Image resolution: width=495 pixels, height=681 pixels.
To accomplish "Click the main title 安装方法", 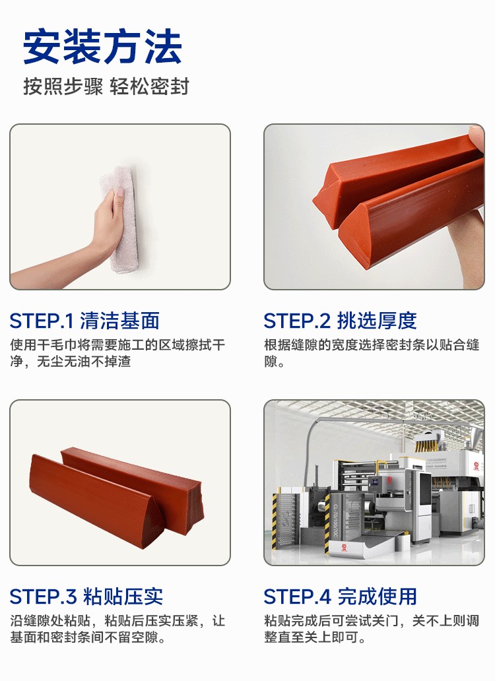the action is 102,47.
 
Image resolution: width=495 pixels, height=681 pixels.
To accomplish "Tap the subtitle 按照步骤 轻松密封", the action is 106,86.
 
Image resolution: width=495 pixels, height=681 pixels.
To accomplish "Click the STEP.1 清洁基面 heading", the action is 84,321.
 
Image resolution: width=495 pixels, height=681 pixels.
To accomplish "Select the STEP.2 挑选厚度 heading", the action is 340,321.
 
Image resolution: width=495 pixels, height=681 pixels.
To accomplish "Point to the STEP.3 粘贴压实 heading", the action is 86,597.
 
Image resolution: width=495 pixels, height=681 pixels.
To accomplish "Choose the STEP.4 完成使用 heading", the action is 340,597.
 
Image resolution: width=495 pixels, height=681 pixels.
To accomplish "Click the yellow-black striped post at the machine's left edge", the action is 275,521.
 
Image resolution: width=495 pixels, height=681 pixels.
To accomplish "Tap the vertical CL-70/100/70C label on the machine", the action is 336,521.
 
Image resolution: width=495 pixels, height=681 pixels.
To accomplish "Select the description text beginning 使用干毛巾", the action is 117,353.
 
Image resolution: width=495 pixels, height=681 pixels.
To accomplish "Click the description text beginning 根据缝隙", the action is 372,353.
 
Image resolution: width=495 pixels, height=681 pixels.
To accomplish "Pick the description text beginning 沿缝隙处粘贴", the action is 117,629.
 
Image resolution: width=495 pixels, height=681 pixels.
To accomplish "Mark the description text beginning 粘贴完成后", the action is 372,629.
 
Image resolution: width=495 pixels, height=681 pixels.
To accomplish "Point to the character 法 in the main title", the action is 163,47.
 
